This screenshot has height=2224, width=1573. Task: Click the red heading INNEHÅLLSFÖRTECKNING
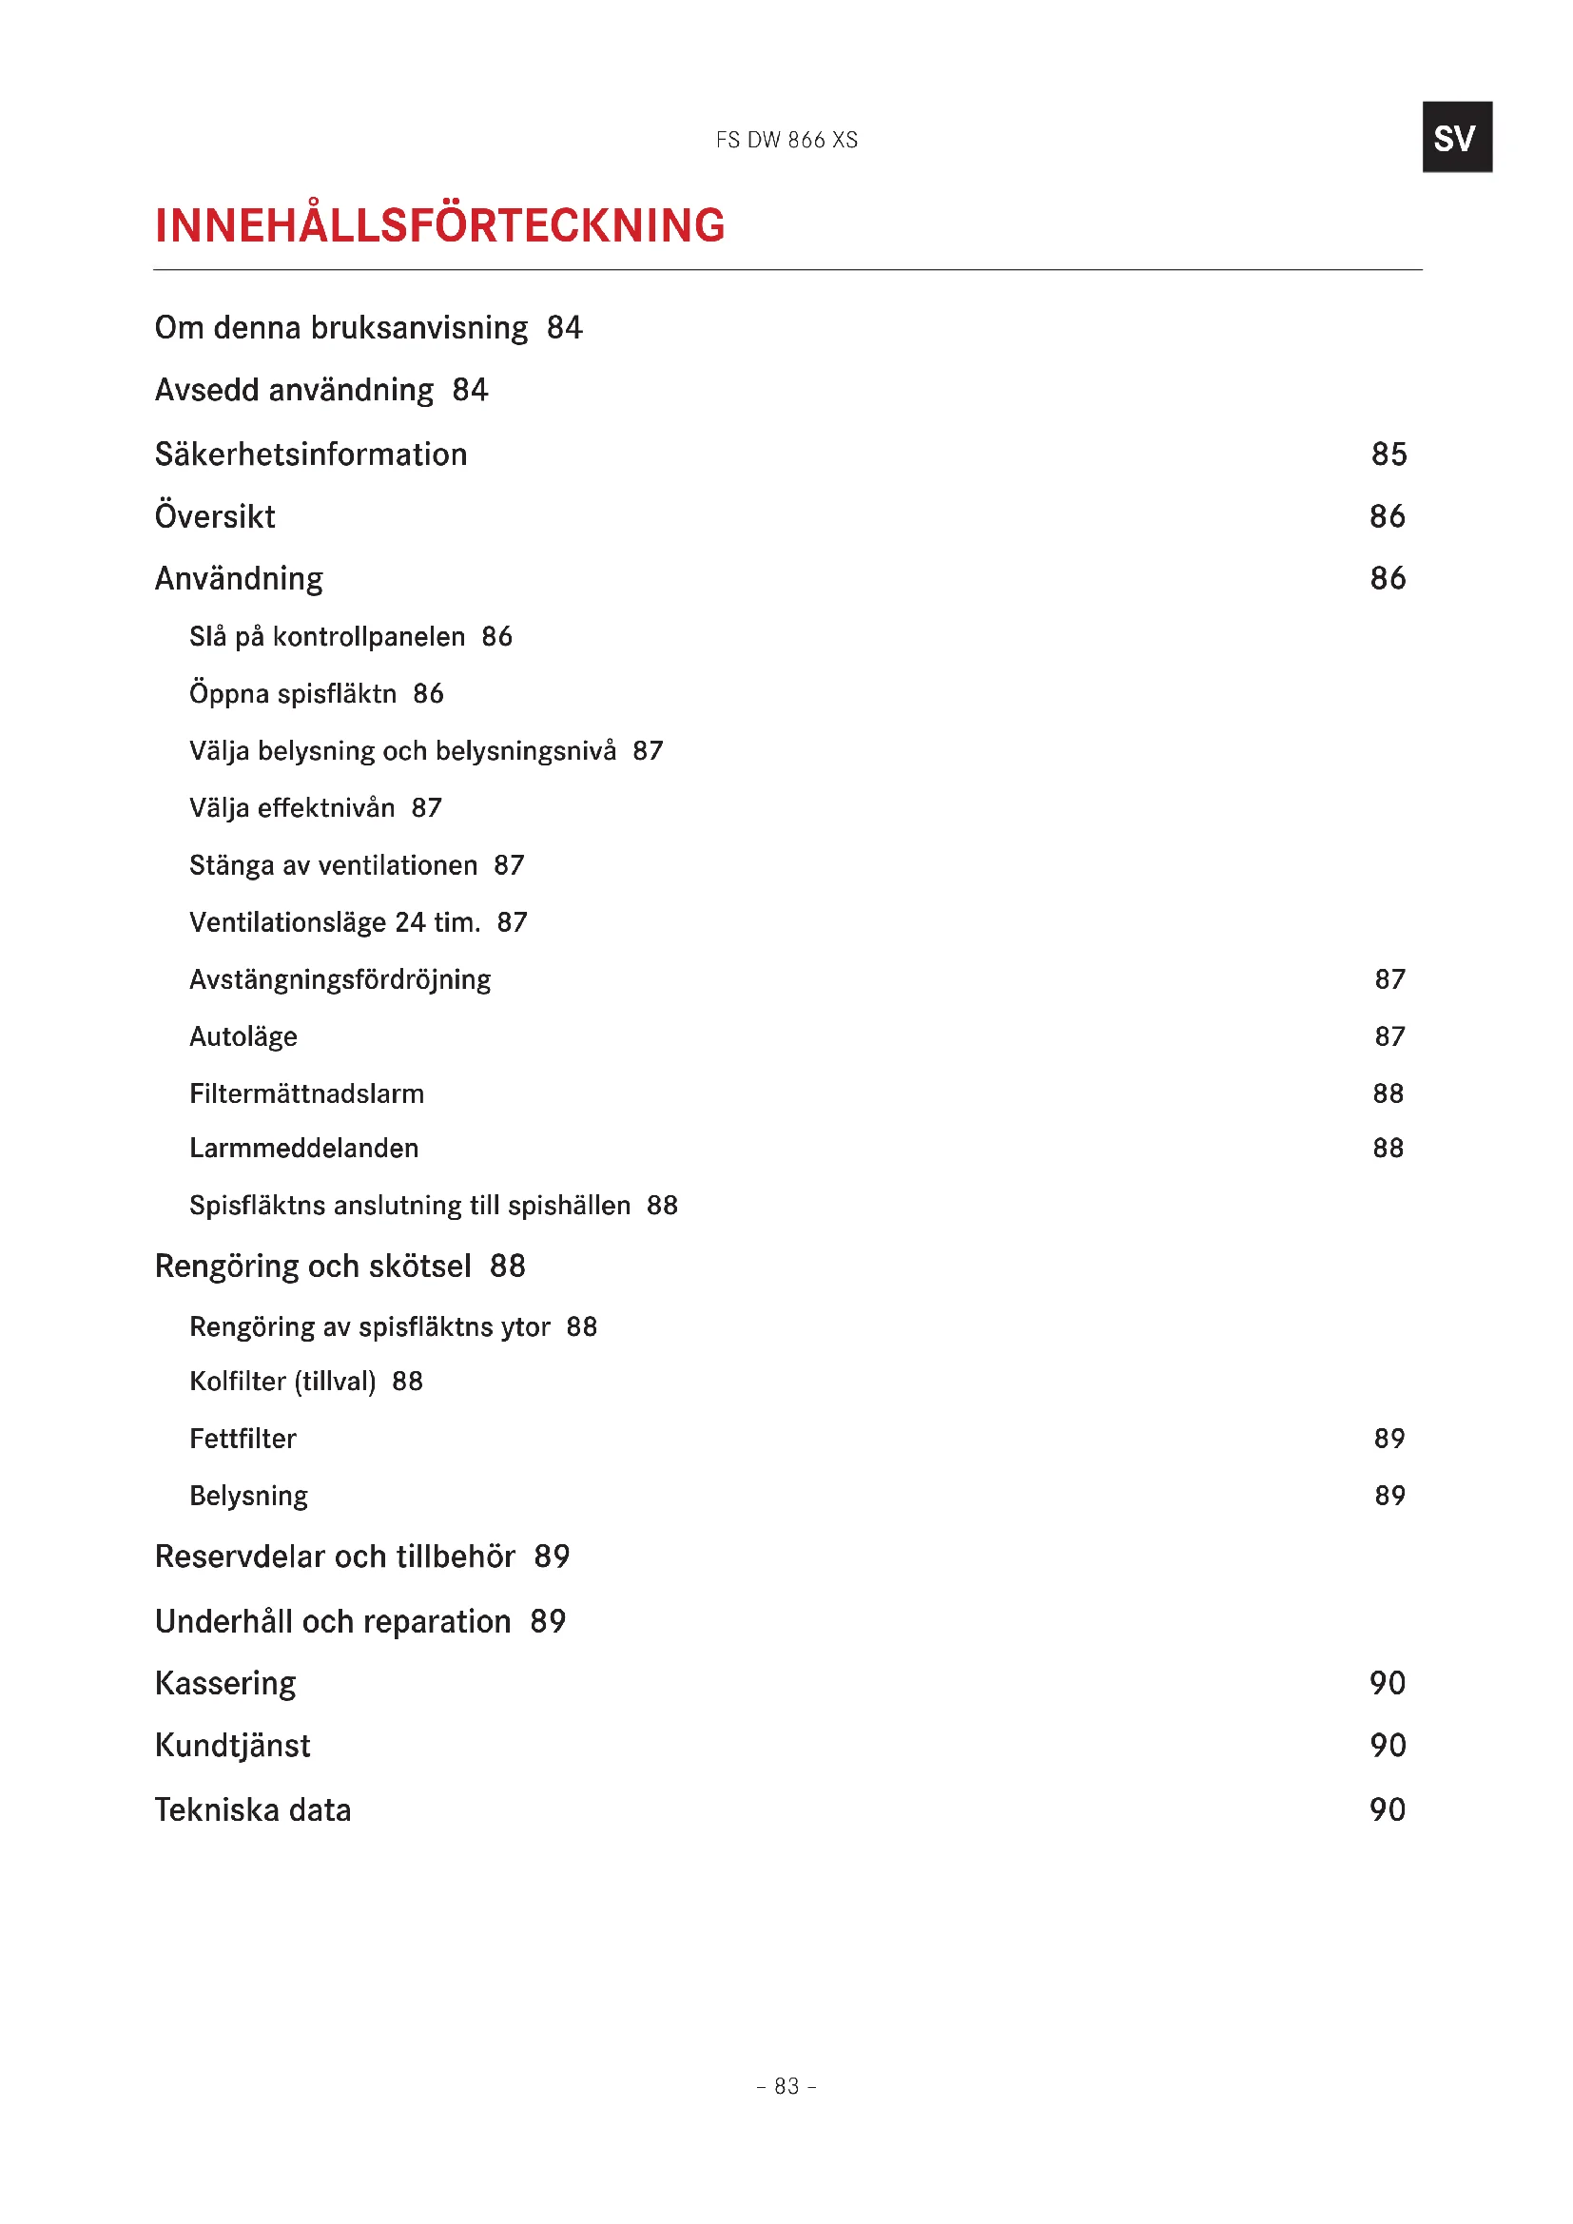pyautogui.click(x=439, y=224)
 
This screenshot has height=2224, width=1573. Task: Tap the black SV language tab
pyautogui.click(x=1456, y=138)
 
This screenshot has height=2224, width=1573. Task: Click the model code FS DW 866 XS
pyautogui.click(x=786, y=141)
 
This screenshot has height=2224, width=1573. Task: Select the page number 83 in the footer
pyautogui.click(x=786, y=2085)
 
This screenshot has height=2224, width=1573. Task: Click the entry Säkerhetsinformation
pyautogui.click(x=311, y=454)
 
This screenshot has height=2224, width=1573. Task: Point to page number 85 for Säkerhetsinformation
pyautogui.click(x=1388, y=454)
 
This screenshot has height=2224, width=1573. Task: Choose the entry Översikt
pyautogui.click(x=215, y=516)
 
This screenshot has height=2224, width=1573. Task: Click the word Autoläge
pyautogui.click(x=243, y=1036)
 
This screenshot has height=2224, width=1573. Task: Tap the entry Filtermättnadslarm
pyautogui.click(x=306, y=1093)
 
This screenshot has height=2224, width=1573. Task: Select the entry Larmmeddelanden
pyautogui.click(x=304, y=1148)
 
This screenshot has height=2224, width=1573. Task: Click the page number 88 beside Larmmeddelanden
pyautogui.click(x=1388, y=1148)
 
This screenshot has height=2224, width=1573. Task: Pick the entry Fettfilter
pyautogui.click(x=243, y=1439)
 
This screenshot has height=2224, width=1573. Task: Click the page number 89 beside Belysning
pyautogui.click(x=1389, y=1496)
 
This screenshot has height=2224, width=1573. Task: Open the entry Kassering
pyautogui.click(x=225, y=1684)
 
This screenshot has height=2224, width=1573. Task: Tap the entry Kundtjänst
pyautogui.click(x=232, y=1746)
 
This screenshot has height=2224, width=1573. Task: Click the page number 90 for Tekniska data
pyautogui.click(x=1387, y=1809)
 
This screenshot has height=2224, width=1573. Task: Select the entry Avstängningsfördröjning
pyautogui.click(x=340, y=979)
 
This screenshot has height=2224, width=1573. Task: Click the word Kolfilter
pyautogui.click(x=239, y=1382)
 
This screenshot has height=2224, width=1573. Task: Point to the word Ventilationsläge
pyautogui.click(x=287, y=922)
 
